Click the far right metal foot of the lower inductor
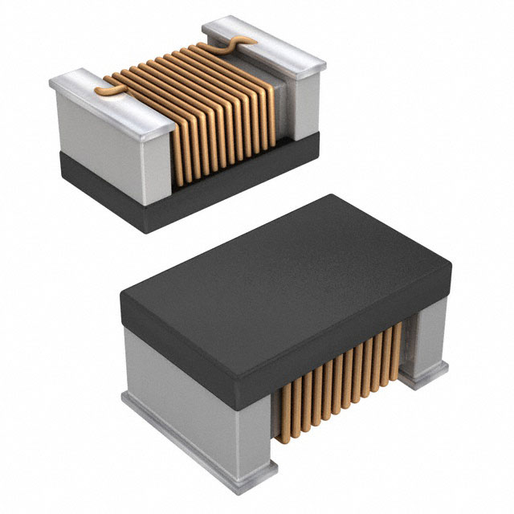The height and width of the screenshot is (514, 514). click(x=422, y=377)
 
